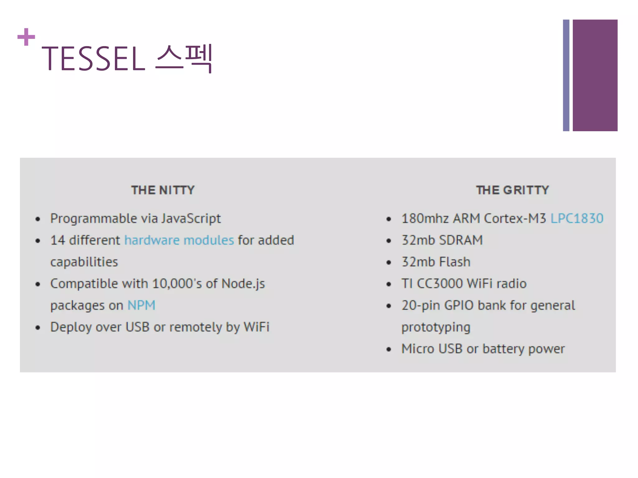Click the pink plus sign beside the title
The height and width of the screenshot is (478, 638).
(26, 37)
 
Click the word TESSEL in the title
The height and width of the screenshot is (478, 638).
(93, 59)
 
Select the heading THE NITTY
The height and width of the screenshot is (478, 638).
(163, 190)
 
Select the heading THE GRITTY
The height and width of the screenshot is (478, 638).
(512, 190)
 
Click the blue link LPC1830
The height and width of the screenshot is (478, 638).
(577, 218)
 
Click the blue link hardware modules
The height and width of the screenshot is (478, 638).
(179, 240)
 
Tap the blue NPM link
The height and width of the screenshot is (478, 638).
(141, 305)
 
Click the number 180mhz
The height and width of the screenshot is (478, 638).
(425, 218)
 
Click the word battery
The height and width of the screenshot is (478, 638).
(503, 349)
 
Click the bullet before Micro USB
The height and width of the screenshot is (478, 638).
(388, 349)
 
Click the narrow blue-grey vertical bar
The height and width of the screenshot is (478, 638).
(566, 75)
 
